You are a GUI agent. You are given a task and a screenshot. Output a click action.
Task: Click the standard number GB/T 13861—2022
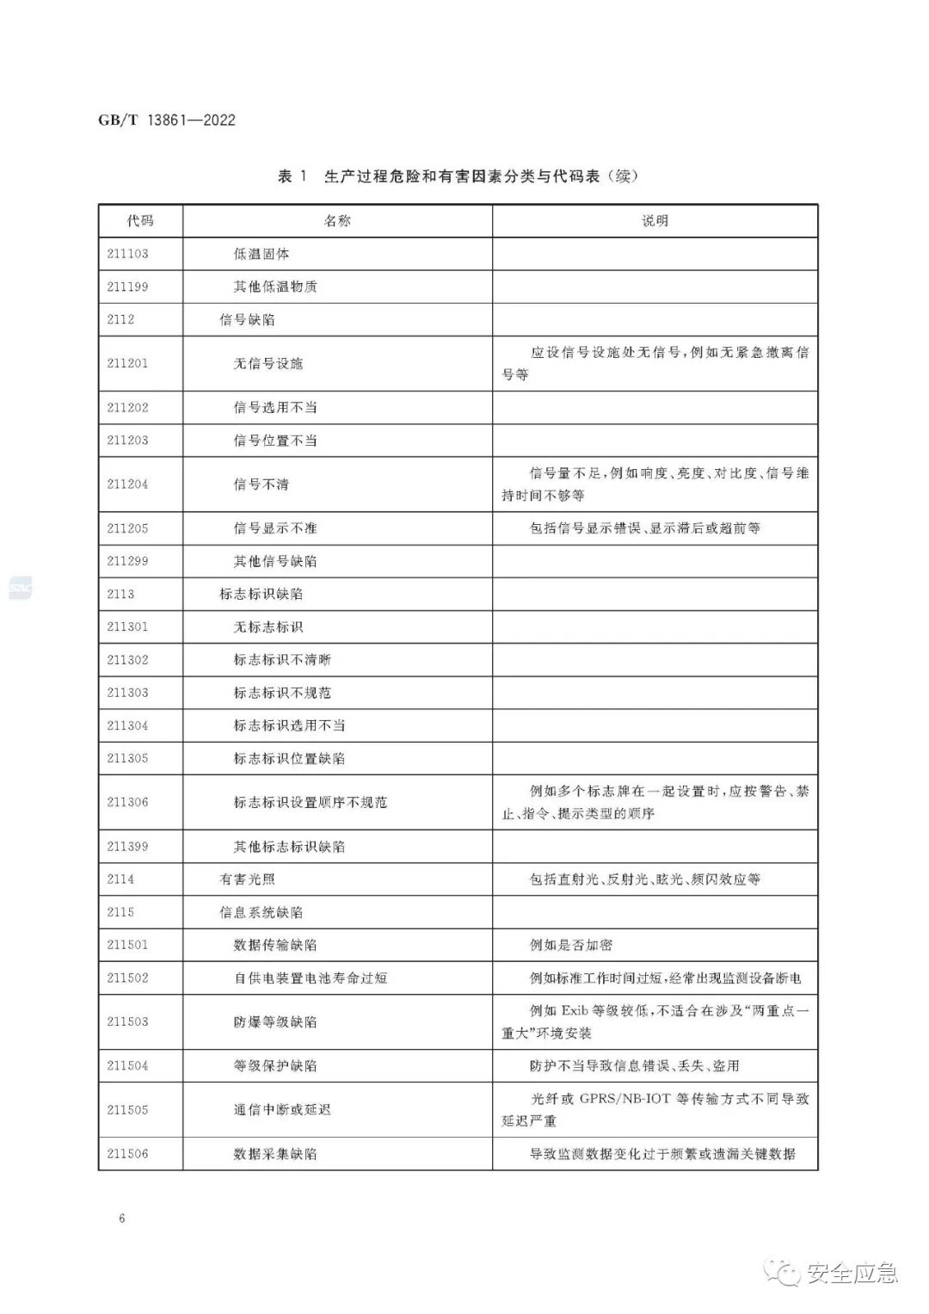point(167,120)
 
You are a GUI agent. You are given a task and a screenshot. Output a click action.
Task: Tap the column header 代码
point(140,221)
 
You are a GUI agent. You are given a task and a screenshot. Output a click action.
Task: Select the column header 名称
point(337,221)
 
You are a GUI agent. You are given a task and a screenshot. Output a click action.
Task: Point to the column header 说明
point(655,221)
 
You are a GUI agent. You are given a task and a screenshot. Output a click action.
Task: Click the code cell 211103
point(127,254)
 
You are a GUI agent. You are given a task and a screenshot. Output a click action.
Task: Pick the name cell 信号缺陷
point(247,320)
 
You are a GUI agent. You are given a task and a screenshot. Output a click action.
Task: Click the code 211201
point(127,364)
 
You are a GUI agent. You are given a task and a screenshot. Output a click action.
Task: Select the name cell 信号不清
point(261,484)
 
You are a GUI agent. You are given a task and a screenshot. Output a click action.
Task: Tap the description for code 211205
point(644,528)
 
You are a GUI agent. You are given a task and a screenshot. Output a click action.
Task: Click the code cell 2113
point(120,595)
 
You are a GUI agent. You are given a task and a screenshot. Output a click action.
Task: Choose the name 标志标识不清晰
point(282,660)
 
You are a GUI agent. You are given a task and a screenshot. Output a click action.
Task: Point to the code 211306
point(127,803)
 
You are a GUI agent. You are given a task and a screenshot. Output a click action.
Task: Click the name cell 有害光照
point(247,879)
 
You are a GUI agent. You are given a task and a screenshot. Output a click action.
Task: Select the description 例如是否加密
point(571,946)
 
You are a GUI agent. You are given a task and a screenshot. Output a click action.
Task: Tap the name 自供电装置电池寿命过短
point(311,978)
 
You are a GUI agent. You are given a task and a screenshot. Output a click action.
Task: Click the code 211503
point(127,1022)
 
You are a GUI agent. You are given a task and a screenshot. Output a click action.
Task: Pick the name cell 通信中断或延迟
point(282,1110)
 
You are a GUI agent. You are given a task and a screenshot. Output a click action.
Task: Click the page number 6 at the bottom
point(122,1218)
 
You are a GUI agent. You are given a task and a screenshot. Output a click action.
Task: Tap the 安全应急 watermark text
point(852,1273)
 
